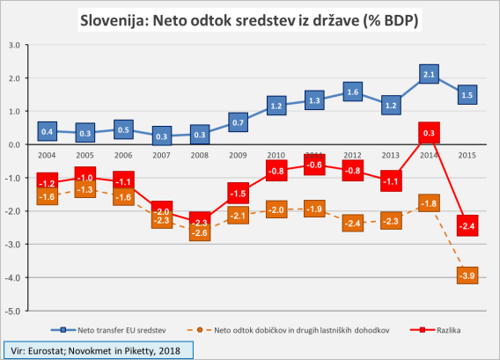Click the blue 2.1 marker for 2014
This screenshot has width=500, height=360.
coord(429,74)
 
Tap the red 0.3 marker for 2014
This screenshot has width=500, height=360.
coord(429,134)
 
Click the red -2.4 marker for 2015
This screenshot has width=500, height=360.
coord(467,224)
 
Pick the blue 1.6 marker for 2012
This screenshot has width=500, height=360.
coord(352,91)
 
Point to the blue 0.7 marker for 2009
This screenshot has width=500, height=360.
coord(238,121)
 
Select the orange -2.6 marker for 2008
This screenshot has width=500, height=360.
coord(200,231)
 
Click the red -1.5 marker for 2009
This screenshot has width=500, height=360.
coord(238,194)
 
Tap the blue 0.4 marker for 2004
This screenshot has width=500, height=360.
coord(48,131)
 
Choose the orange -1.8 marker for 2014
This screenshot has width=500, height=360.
coord(429,204)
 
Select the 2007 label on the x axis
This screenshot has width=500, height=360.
coord(161,156)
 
